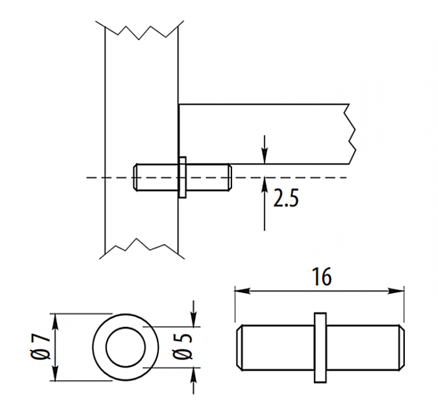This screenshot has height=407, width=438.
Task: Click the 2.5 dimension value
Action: (286, 198)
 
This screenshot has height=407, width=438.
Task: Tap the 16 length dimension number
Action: (322, 277)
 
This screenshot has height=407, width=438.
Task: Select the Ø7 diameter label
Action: (41, 347)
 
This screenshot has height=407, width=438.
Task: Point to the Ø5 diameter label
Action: (183, 347)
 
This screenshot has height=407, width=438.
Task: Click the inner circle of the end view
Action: (126, 327)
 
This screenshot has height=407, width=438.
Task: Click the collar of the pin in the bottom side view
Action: (320, 348)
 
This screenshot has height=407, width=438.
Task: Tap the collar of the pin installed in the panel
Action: (182, 177)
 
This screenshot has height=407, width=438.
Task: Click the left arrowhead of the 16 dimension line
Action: (242, 291)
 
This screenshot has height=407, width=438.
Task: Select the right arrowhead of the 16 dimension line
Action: (396, 291)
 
